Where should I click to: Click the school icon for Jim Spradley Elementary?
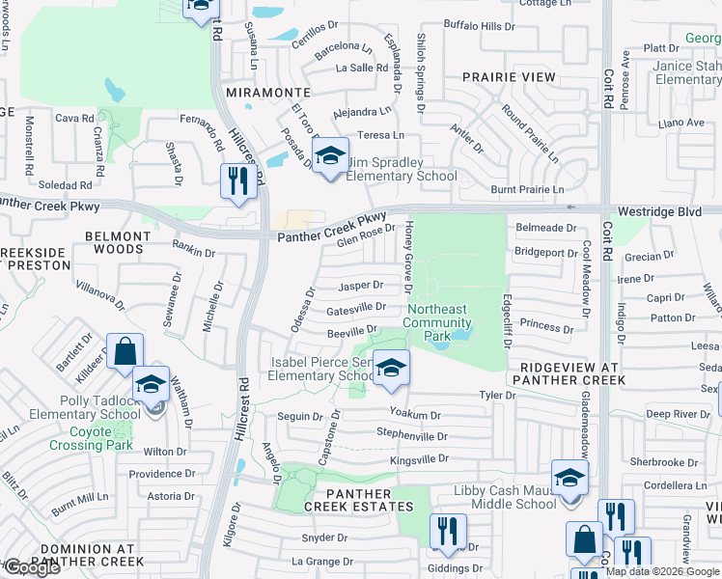click(x=330, y=154)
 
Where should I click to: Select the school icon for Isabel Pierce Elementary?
click(x=391, y=368)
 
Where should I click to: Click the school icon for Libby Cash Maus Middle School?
click(x=569, y=478)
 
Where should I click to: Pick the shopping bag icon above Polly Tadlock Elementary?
click(x=125, y=353)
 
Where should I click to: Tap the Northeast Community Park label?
click(x=437, y=322)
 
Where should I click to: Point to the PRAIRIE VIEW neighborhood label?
click(x=509, y=76)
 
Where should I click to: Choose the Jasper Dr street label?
click(x=361, y=286)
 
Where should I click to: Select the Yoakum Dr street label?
click(x=415, y=414)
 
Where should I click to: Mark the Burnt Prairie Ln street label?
click(x=527, y=190)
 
